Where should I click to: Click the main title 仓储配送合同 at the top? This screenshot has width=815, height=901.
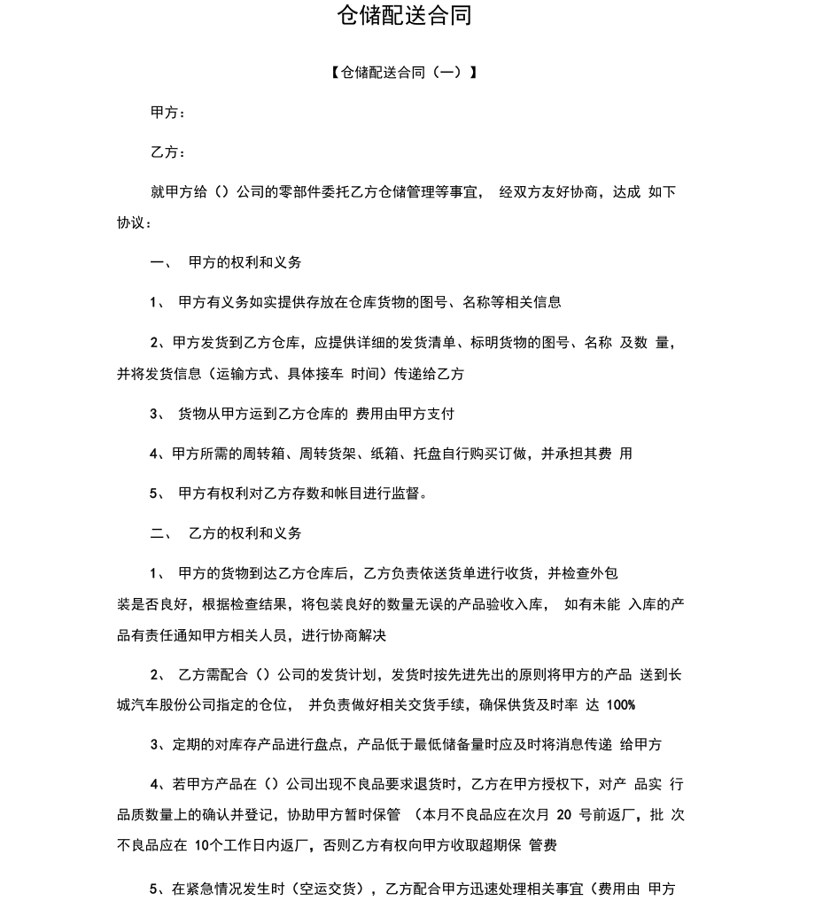click(405, 15)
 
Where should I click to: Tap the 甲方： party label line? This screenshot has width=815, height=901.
click(168, 113)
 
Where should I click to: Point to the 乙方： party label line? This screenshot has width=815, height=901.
click(168, 152)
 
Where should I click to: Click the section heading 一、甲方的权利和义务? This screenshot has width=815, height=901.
click(226, 262)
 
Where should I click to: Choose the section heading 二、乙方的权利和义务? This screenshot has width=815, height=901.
click(226, 533)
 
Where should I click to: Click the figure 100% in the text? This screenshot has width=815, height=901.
click(622, 705)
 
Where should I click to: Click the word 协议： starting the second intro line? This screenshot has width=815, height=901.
click(135, 222)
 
